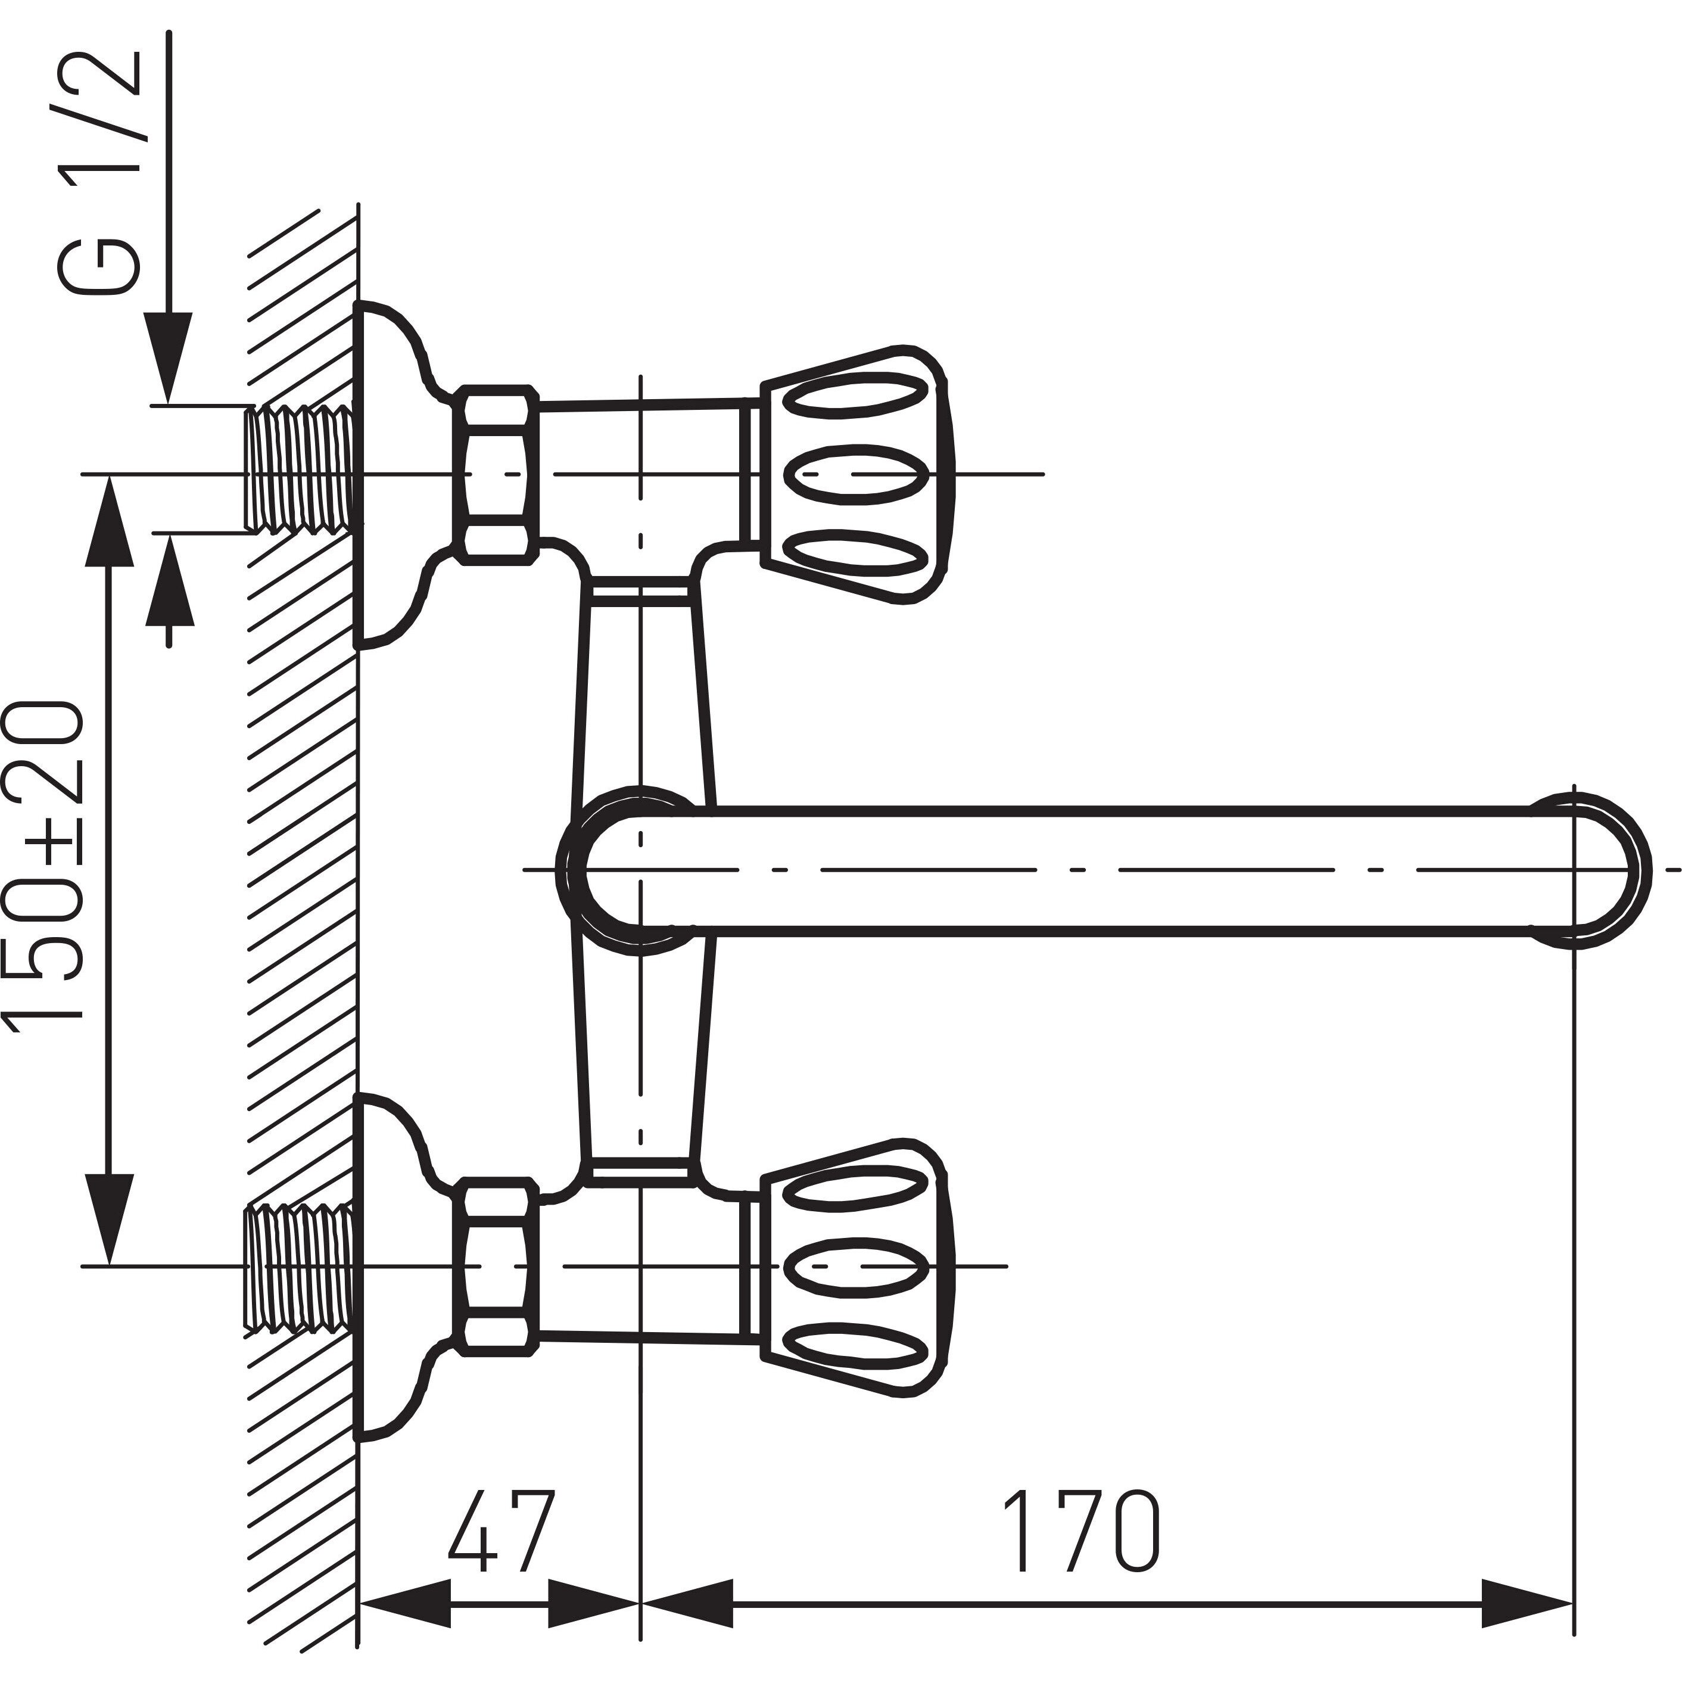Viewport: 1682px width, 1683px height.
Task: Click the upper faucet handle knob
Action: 854,475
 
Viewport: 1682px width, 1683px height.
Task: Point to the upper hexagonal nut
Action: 497,475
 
